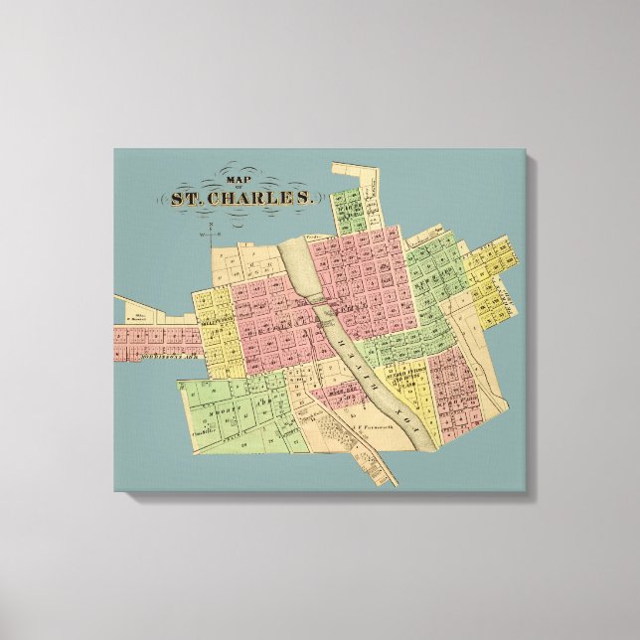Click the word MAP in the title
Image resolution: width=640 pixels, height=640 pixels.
pos(237,180)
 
